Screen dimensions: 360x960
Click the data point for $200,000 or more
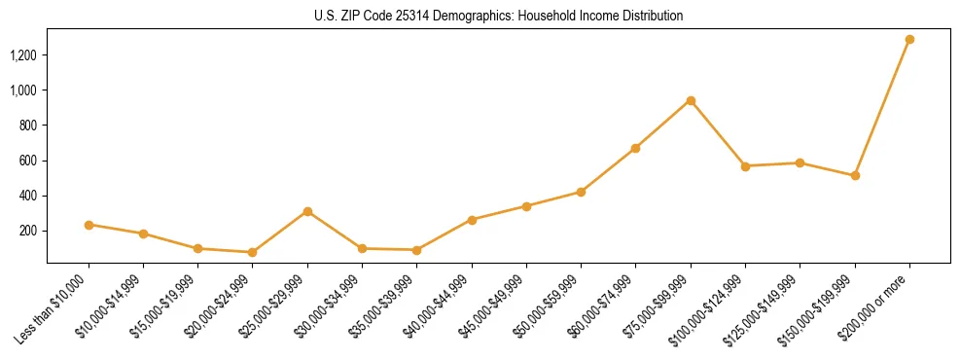(x=909, y=40)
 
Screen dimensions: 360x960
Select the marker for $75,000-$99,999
(x=691, y=100)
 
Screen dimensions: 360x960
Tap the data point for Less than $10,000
(x=89, y=225)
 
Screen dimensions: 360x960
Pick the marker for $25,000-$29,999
(x=307, y=211)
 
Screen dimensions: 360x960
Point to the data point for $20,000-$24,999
(x=253, y=252)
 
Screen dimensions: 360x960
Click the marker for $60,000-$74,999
(x=636, y=148)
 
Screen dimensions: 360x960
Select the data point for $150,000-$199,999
(x=855, y=175)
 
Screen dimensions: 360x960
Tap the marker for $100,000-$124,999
(x=745, y=166)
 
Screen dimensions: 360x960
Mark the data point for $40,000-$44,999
(x=472, y=220)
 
